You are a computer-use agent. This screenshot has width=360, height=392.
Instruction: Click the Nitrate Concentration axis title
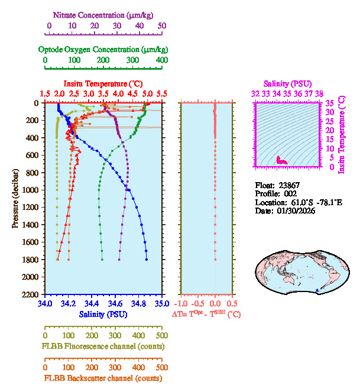click(x=105, y=14)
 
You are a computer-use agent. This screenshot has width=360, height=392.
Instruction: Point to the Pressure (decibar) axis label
click(x=15, y=198)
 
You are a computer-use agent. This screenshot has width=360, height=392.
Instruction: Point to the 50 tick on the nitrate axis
click(x=162, y=25)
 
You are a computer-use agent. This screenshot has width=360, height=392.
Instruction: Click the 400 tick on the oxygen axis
click(x=161, y=60)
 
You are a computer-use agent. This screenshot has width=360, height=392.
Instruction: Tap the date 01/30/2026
click(x=296, y=211)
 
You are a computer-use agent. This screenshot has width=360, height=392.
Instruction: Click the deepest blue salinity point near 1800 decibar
click(x=147, y=259)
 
